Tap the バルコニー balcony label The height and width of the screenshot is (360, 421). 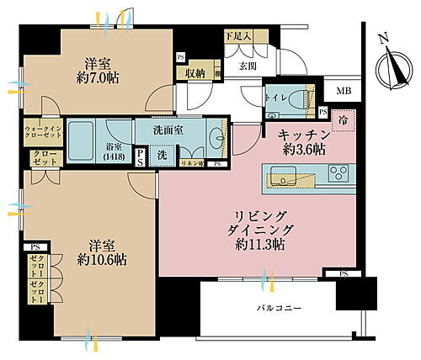click(x=278, y=309)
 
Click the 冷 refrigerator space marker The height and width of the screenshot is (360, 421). click(x=341, y=119)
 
